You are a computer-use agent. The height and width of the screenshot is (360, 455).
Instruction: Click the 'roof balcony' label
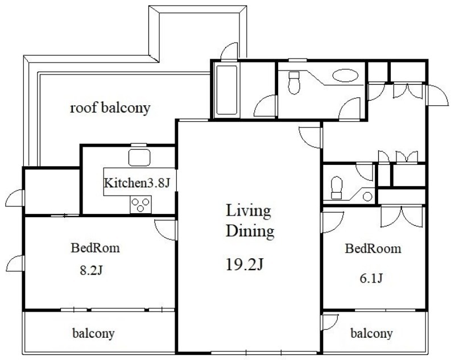click(110, 108)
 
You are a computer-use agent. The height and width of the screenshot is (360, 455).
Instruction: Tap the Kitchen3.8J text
click(136, 183)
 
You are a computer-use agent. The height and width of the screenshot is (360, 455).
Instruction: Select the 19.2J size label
click(245, 264)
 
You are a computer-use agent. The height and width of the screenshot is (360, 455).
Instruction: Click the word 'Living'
click(249, 212)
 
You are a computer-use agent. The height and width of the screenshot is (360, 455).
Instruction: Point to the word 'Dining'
click(250, 231)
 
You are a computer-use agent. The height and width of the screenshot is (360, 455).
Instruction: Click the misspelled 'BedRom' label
click(95, 248)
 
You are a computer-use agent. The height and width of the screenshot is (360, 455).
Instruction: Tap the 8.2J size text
click(91, 270)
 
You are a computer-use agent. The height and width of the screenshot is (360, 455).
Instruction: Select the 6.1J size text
click(371, 279)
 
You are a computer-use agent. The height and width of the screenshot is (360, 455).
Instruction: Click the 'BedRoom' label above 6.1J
click(373, 249)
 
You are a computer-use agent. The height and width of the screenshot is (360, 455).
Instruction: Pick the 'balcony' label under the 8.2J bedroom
click(93, 333)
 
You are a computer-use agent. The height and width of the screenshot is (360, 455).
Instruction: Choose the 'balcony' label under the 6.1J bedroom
click(372, 333)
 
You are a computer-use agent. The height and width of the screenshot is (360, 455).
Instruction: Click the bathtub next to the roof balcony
click(227, 90)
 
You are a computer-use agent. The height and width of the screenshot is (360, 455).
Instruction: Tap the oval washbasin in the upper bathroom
click(345, 76)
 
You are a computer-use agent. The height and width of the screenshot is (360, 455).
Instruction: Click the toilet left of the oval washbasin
click(294, 82)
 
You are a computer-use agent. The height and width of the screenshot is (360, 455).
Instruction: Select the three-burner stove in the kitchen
click(140, 204)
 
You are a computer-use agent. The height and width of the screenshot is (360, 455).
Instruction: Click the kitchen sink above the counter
click(139, 158)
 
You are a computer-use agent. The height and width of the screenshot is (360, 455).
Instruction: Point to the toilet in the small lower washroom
click(337, 188)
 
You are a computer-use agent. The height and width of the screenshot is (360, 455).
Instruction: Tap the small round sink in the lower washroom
click(367, 197)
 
